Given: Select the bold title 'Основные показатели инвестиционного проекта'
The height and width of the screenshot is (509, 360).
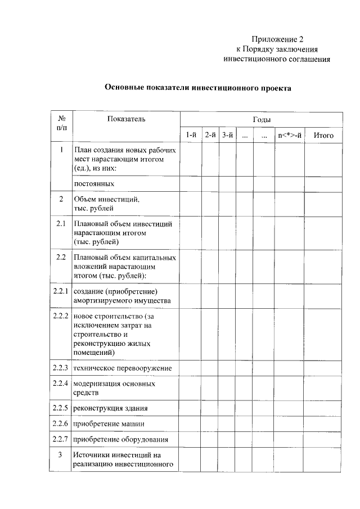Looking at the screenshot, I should click(x=199, y=88).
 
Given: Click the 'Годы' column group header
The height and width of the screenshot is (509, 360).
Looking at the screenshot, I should click(x=262, y=120).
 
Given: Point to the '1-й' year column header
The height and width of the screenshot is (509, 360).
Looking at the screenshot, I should click(x=191, y=136).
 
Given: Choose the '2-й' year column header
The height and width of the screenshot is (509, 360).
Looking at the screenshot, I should click(x=210, y=136).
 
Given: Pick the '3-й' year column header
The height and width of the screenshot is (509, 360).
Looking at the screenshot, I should click(x=227, y=136).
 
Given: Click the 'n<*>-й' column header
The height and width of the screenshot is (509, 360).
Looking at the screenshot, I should click(x=289, y=136).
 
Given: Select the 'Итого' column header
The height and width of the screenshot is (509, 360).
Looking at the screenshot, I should click(x=323, y=136).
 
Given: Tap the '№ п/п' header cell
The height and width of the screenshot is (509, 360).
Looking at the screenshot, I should click(x=61, y=123).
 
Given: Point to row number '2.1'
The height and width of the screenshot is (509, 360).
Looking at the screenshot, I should click(x=61, y=224).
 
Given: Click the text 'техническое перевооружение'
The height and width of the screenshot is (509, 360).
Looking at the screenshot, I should click(x=123, y=368).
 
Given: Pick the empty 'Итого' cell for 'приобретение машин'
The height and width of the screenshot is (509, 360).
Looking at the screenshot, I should click(x=323, y=424).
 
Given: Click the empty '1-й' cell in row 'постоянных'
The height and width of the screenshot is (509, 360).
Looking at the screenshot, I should click(x=191, y=184).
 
